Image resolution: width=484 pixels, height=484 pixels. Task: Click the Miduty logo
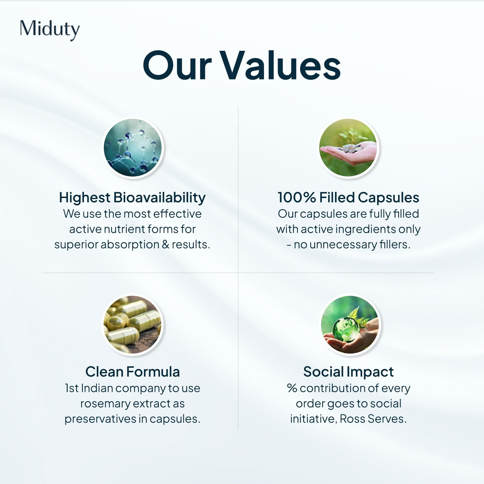[50, 29]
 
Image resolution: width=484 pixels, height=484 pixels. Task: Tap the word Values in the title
[280, 66]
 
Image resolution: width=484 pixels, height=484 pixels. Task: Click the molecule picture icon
[133, 147]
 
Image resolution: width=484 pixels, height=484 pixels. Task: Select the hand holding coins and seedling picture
[348, 147]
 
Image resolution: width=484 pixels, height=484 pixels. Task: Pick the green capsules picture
[133, 324]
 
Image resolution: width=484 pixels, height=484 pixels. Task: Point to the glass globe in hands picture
[349, 324]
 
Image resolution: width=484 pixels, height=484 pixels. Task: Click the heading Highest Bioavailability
[132, 197]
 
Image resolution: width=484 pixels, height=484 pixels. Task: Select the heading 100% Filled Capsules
[348, 197]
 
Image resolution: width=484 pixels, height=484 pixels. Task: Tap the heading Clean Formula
[132, 372]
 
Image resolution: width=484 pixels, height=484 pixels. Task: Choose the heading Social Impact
[348, 372]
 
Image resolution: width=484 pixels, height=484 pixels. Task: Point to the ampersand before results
[166, 244]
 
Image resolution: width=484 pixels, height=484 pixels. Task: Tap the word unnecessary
[343, 245]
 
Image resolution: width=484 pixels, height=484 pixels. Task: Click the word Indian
[96, 388]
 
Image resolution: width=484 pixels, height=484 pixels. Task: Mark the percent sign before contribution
[292, 388]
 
